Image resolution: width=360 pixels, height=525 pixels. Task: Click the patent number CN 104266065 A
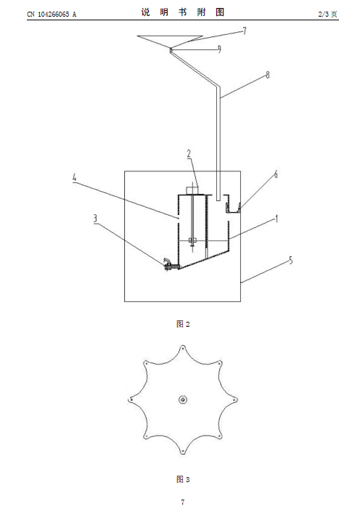tap(52, 14)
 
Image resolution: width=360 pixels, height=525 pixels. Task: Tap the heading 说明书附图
tap(182, 12)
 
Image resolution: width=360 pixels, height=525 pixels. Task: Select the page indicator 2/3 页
tap(328, 14)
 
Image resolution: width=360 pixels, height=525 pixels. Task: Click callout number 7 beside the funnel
tap(245, 30)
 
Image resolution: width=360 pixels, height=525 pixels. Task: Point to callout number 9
tap(219, 49)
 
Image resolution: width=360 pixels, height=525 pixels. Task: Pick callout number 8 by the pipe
tap(268, 75)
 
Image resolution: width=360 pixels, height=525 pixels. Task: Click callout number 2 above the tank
tap(189, 154)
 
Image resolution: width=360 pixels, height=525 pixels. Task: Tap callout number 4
tap(74, 178)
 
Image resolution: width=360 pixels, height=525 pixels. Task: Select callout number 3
tap(95, 219)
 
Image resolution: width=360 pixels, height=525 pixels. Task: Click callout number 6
tap(276, 174)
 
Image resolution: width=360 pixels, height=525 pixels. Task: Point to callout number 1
tap(277, 219)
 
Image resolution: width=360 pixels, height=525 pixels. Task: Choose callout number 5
tap(291, 260)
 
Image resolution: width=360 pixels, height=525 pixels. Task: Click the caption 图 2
tap(183, 324)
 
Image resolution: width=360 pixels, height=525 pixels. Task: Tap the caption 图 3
tap(183, 479)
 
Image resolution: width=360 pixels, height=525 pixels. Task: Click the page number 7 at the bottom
tap(183, 502)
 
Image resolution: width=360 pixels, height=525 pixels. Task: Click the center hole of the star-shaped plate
tap(183, 399)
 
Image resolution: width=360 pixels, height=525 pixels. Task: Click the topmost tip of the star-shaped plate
tap(183, 345)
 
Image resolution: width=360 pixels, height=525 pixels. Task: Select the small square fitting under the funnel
tap(171, 50)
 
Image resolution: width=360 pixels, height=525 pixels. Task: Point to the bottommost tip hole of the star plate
tap(183, 452)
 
